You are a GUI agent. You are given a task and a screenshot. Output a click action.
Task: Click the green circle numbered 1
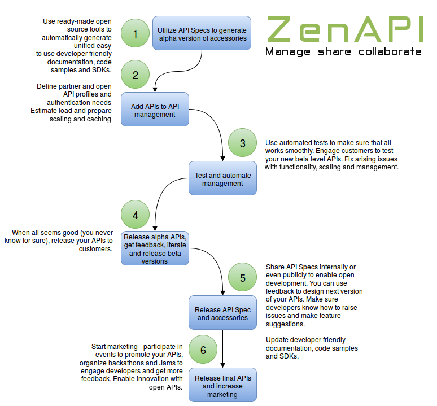pyautogui.click(x=135, y=34)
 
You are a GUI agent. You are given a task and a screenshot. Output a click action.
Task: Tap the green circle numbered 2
pyautogui.click(x=135, y=75)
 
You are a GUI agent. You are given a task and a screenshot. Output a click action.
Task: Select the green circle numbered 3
pyautogui.click(x=242, y=143)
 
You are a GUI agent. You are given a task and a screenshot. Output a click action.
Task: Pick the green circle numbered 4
pyautogui.click(x=135, y=215)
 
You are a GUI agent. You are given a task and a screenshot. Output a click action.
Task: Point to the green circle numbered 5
pyautogui.click(x=242, y=278)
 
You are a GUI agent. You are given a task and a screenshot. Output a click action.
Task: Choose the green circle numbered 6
pyautogui.click(x=203, y=350)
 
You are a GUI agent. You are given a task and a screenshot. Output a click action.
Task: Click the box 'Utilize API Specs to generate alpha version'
pyautogui.click(x=202, y=33)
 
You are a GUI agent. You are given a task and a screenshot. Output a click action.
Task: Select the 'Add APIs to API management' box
pyautogui.click(x=155, y=110)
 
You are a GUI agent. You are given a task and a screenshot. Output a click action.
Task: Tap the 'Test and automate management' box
pyautogui.click(x=222, y=178)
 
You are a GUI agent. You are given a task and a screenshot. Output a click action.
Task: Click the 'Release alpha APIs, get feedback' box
pyautogui.click(x=155, y=248)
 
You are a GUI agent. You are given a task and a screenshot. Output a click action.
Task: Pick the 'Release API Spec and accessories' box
pyautogui.click(x=222, y=313)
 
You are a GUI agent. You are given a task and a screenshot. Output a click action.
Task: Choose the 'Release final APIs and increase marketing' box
pyautogui.click(x=222, y=386)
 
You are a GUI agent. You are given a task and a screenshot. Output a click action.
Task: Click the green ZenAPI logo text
pyautogui.click(x=344, y=29)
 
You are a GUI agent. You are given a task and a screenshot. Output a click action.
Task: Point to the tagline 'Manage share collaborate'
pyautogui.click(x=343, y=52)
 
